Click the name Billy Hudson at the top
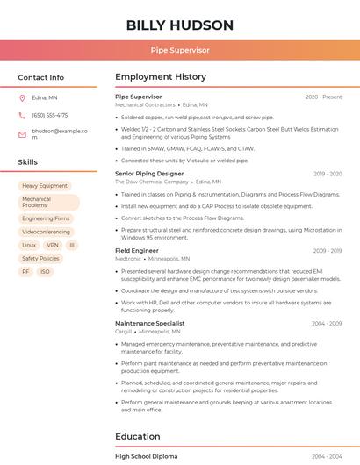pos(180,25)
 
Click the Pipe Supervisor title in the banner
pos(180,51)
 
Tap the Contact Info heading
pos(41,77)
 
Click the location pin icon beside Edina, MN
pos(22,98)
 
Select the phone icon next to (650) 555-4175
pos(22,115)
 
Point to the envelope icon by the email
pos(22,133)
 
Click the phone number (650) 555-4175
pos(49,115)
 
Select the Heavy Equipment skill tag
pos(45,186)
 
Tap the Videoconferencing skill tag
pos(46,232)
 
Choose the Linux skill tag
pos(29,246)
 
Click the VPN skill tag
pos(53,246)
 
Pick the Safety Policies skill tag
pos(40,259)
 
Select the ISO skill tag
pos(46,272)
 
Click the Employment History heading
pos(161,77)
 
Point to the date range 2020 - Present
pos(323,97)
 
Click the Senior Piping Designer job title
pos(149,174)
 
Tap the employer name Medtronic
pos(128,259)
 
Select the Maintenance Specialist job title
pos(149,324)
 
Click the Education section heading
pos(138,436)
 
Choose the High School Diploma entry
pos(146,457)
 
